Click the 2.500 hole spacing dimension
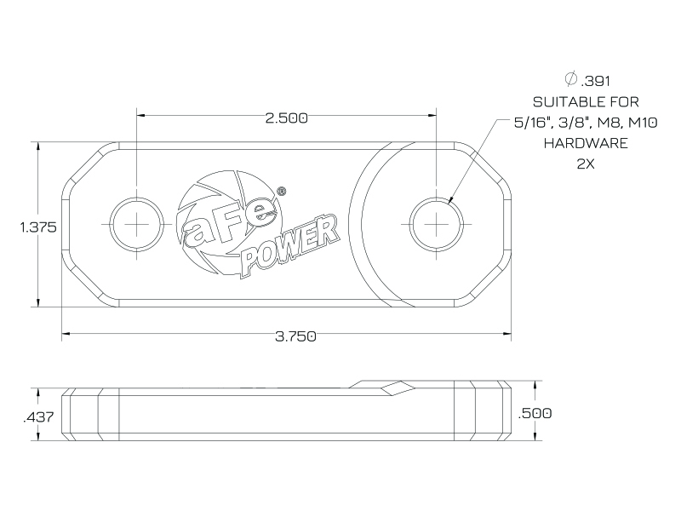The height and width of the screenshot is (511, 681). click(287, 118)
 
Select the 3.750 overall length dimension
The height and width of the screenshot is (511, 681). click(295, 336)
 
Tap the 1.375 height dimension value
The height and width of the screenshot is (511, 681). click(38, 227)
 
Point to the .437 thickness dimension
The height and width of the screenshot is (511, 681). click(38, 417)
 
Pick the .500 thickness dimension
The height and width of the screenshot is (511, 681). click(535, 413)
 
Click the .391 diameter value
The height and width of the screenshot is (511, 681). click(595, 81)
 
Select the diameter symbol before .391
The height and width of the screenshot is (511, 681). click(570, 79)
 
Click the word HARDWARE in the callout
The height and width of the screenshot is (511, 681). click(586, 143)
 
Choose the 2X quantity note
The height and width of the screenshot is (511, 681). click(586, 164)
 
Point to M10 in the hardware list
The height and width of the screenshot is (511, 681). click(644, 123)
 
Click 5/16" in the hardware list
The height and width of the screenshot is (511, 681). click(529, 123)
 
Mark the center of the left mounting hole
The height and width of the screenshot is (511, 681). click(137, 224)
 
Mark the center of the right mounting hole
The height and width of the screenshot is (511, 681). click(436, 224)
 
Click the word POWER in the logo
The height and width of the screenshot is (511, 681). click(290, 245)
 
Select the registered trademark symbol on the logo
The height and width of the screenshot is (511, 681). click(281, 190)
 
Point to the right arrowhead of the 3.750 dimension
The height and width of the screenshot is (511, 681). click(506, 334)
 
